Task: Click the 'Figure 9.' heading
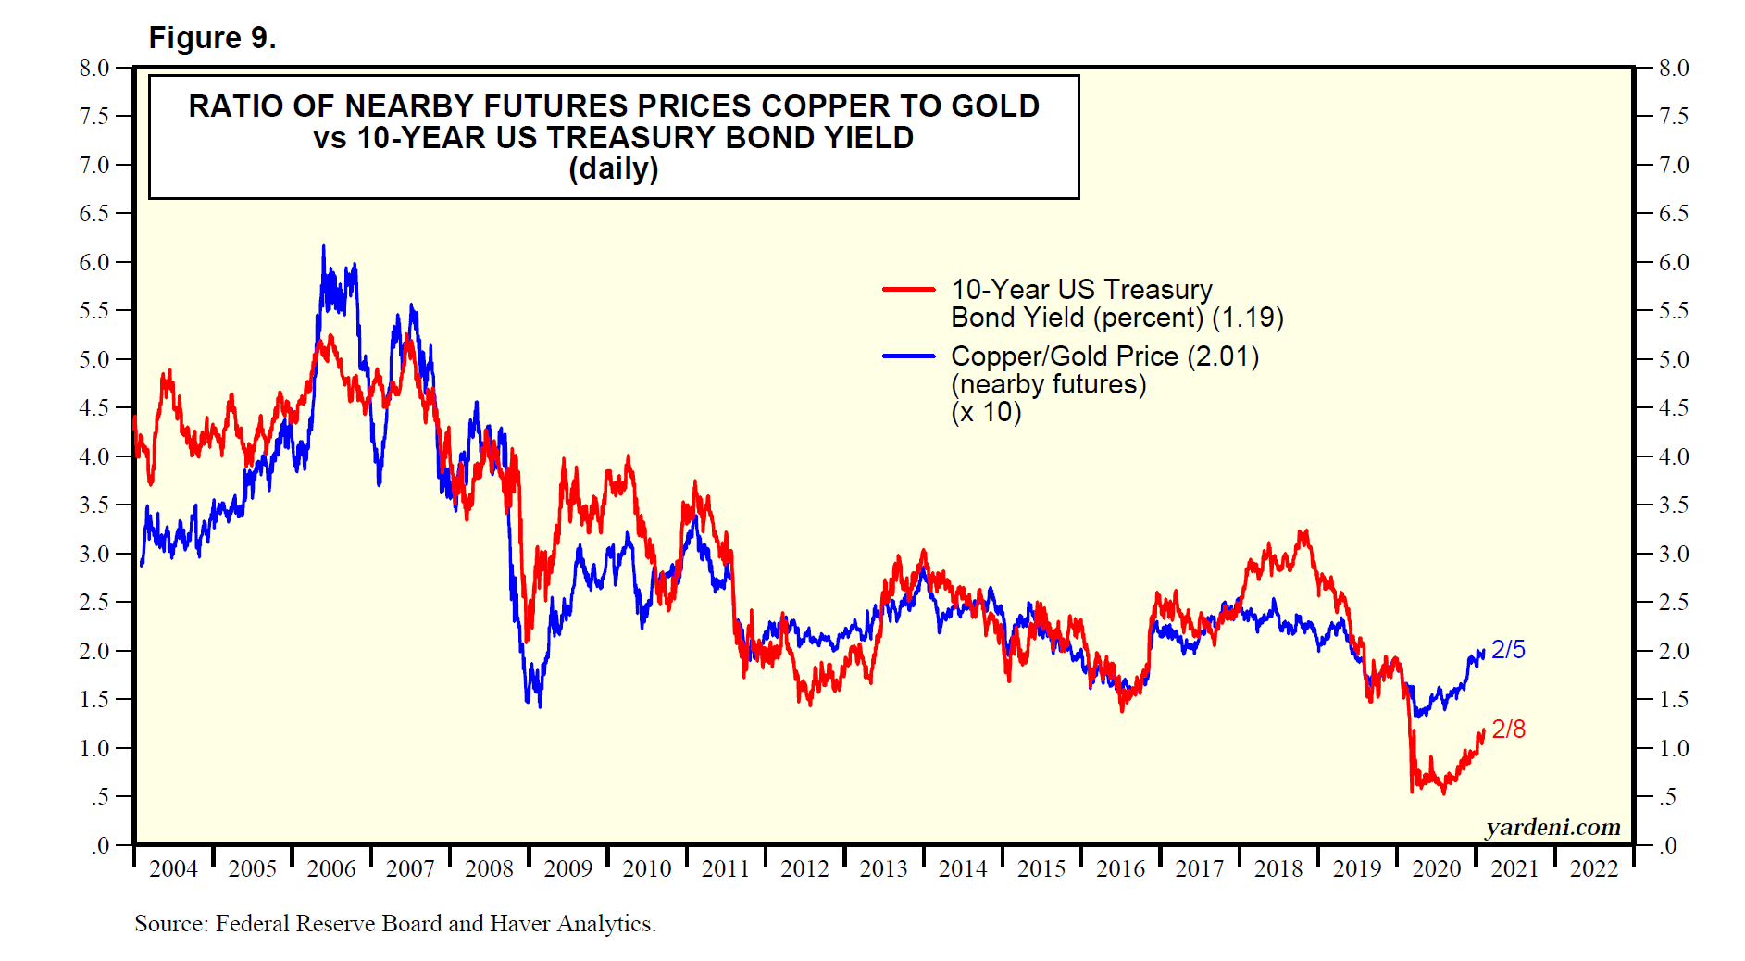(x=212, y=38)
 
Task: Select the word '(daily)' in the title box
(x=613, y=168)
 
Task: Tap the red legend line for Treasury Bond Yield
(x=908, y=290)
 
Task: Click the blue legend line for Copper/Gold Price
(x=908, y=356)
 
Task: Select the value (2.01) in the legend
(x=1223, y=356)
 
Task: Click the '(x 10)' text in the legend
(x=986, y=412)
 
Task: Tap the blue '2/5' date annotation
(x=1508, y=650)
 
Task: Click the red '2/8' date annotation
(x=1508, y=730)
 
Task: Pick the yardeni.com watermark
(x=1552, y=827)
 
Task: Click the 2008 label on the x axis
(x=489, y=868)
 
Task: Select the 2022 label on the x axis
(x=1593, y=868)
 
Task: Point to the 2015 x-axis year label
(x=1041, y=868)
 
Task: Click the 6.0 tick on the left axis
(x=94, y=262)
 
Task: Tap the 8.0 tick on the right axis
(x=1674, y=68)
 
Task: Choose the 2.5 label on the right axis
(x=1674, y=602)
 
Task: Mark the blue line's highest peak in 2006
(x=323, y=246)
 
